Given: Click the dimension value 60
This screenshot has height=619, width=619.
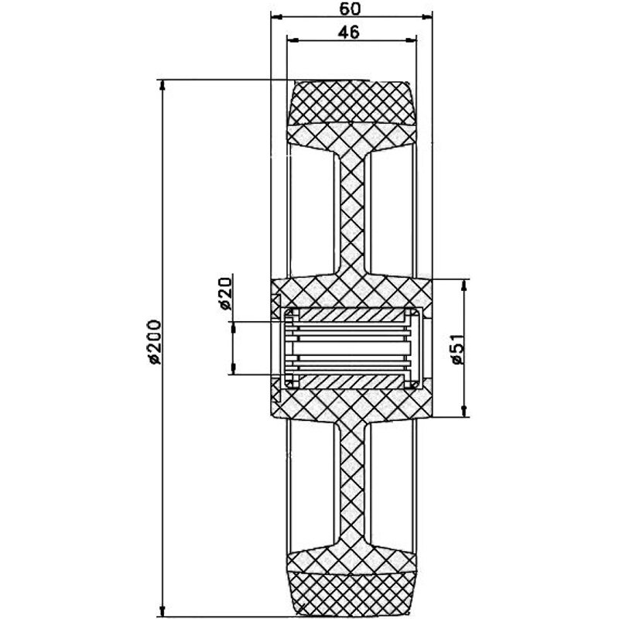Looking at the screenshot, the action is (350, 9).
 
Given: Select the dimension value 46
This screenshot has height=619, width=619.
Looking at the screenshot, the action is (349, 32).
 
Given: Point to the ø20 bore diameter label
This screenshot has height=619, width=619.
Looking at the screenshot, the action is (225, 293).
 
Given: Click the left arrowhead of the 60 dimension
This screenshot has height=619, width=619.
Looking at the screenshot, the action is (277, 16).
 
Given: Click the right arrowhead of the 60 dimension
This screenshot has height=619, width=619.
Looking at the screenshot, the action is (427, 16).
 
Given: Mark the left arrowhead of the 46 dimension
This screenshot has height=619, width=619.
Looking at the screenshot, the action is (292, 40).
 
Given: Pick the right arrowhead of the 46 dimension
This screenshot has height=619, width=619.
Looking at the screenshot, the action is (411, 40).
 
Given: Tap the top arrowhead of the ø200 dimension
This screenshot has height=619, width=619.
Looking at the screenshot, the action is (162, 85).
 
